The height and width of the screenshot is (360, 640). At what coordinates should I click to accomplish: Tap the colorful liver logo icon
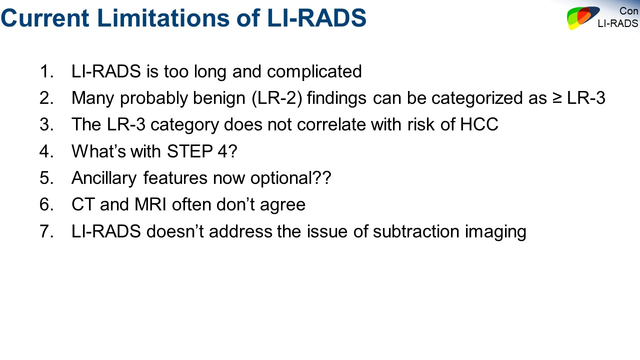583,17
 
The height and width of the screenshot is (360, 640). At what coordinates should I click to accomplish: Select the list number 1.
46,71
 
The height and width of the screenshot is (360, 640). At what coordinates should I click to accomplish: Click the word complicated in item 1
314,71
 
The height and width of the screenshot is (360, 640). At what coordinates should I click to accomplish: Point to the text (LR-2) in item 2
277,98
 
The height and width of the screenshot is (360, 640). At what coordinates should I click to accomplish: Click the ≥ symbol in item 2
556,98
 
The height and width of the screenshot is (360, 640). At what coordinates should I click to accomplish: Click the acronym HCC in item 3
479,124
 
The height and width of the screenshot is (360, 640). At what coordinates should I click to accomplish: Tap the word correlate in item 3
331,124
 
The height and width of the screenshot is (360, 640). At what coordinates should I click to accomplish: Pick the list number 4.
46,151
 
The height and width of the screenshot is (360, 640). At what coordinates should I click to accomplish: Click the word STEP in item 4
189,151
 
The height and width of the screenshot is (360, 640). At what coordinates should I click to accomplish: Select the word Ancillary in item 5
104,178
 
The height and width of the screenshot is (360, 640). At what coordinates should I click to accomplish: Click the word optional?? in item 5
291,178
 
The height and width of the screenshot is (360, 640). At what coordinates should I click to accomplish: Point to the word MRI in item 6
150,204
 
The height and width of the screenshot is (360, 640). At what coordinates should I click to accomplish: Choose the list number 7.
46,231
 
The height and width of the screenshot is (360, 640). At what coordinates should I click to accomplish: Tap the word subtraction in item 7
416,231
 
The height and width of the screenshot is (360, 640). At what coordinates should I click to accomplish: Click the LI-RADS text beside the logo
618,23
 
